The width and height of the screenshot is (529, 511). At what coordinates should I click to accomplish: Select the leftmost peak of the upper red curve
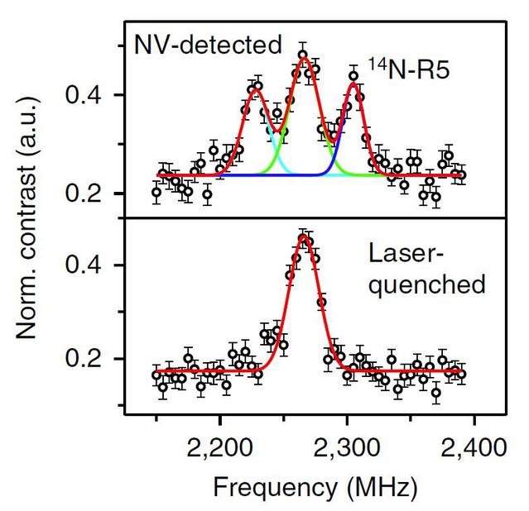click(x=255, y=88)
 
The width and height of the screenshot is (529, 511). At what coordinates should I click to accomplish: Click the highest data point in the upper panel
click(x=303, y=55)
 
